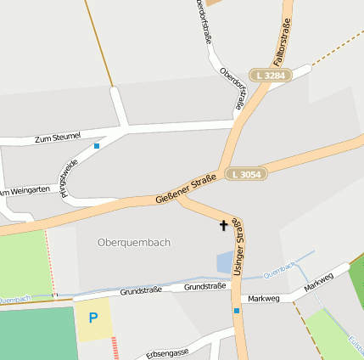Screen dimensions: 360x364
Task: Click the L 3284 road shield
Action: pos(270,76)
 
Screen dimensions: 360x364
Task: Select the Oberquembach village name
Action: pos(134,242)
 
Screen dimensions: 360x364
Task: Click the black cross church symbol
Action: pos(224,225)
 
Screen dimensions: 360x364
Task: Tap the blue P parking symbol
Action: pos(93,318)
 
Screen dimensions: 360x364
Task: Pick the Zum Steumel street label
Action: pos(58,137)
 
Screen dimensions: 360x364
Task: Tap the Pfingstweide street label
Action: pos(69,175)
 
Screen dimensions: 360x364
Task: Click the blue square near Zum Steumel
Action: pos(97,146)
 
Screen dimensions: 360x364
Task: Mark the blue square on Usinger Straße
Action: pos(237,311)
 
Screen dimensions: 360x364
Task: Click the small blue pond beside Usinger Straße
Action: pos(224,262)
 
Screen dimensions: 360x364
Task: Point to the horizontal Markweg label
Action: pos(258,298)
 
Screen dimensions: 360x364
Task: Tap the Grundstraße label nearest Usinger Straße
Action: pos(205,286)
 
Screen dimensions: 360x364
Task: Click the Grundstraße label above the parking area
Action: pos(141,290)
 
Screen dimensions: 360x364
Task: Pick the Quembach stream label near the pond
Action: pos(279,269)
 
